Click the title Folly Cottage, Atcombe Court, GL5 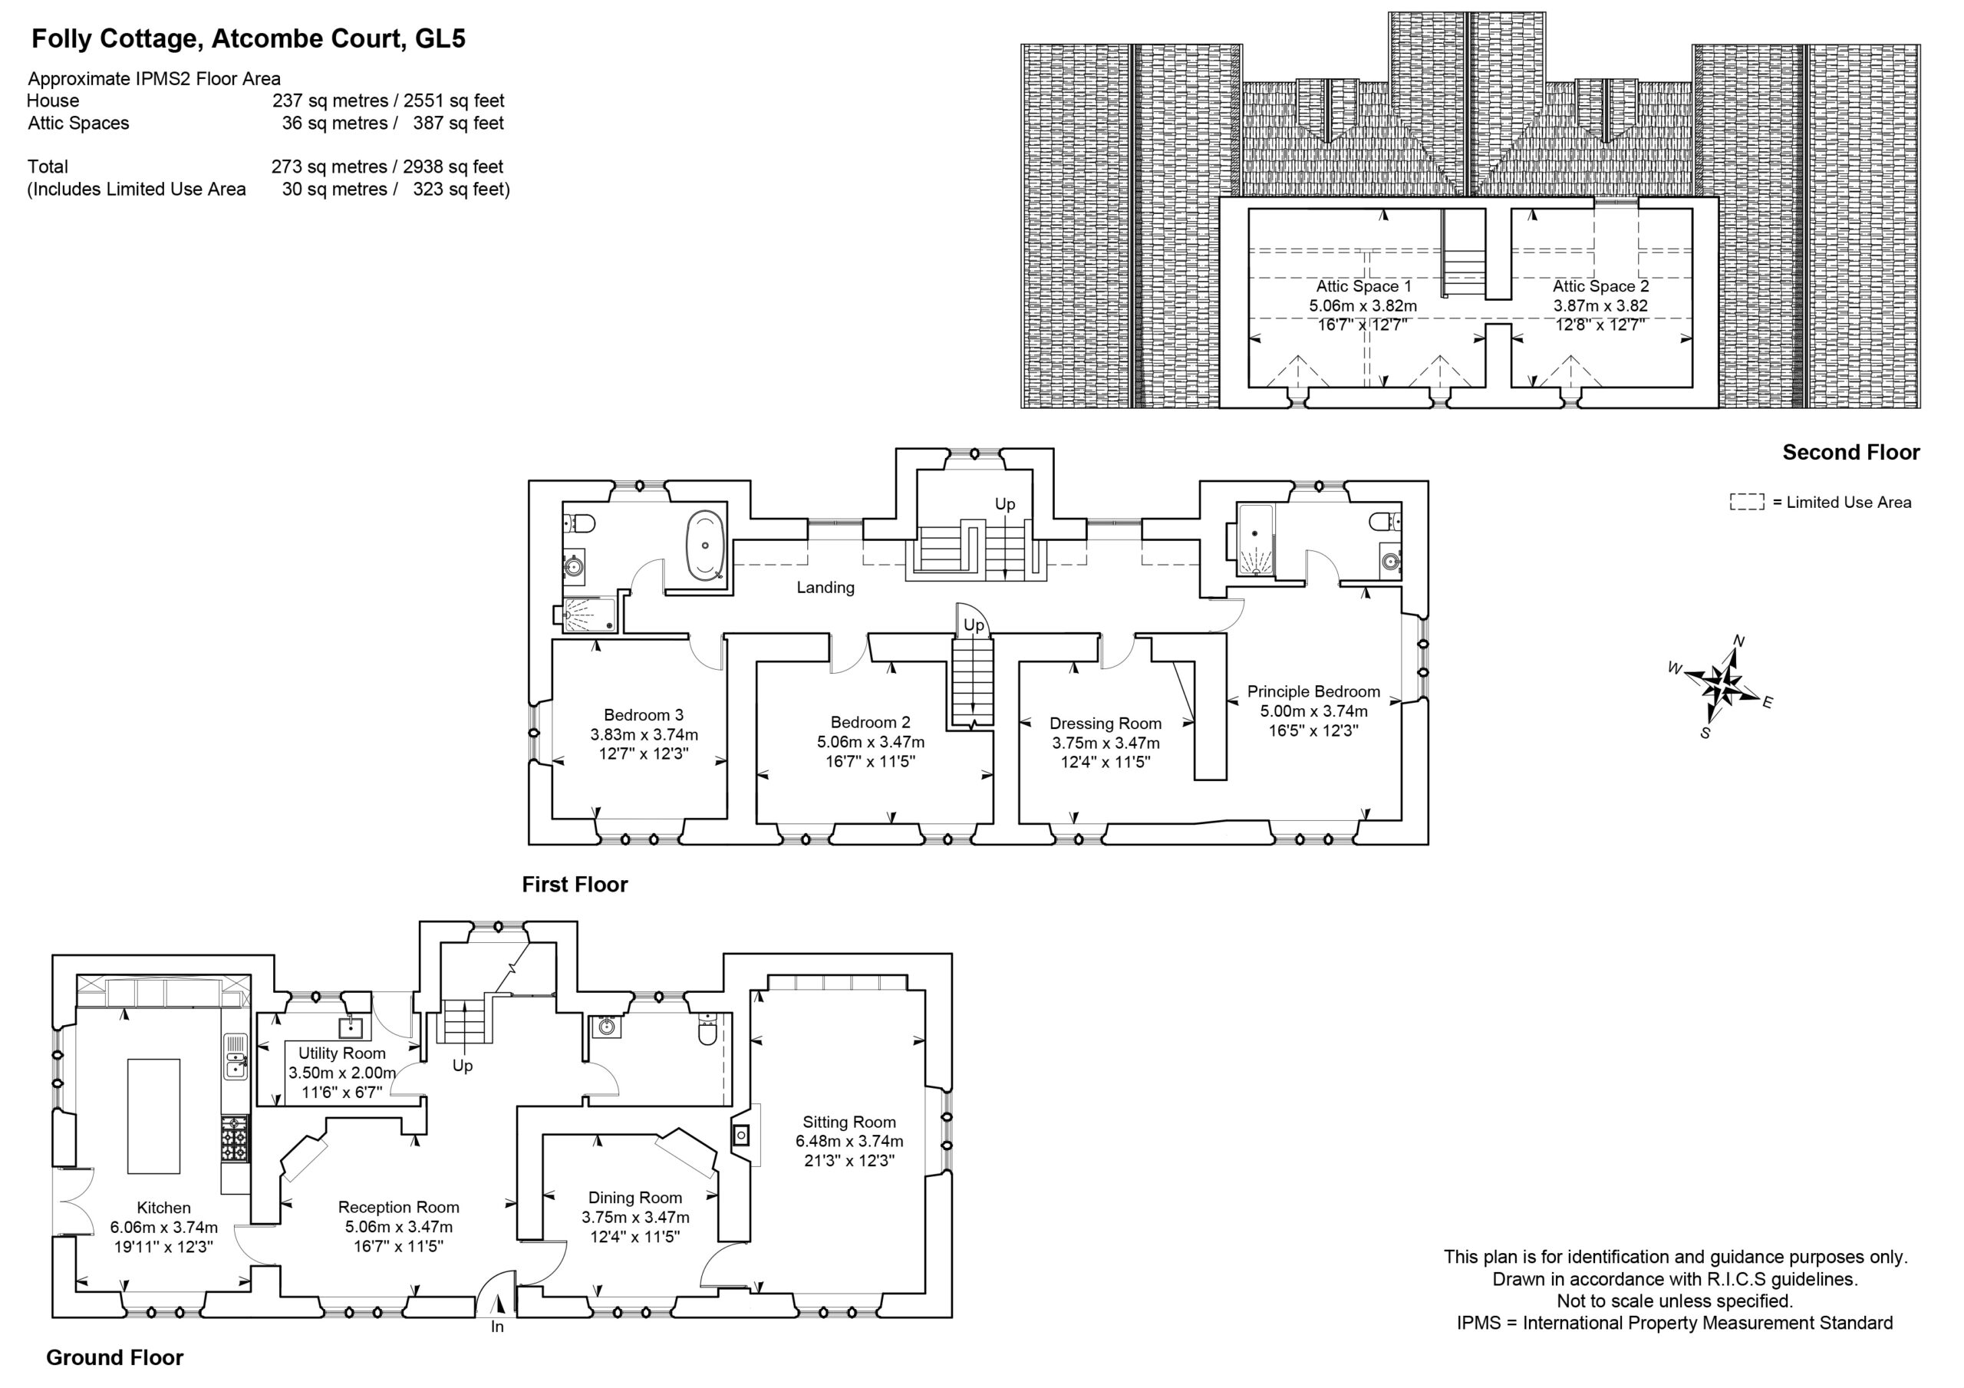(x=248, y=39)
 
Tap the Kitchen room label (x=163, y=1208)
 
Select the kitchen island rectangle (x=154, y=1116)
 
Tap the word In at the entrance (x=497, y=1327)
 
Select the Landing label (x=825, y=587)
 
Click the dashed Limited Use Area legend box (x=1747, y=503)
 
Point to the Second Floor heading (x=1851, y=453)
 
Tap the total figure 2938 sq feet (x=453, y=166)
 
